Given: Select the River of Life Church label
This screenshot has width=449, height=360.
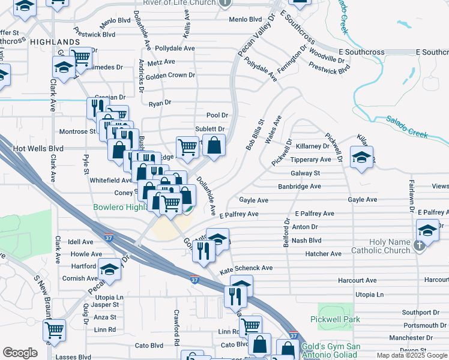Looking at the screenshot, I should [179, 3].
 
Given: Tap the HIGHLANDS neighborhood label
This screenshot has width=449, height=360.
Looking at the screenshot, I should [55, 42].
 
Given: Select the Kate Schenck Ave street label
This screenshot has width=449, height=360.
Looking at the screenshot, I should [246, 268].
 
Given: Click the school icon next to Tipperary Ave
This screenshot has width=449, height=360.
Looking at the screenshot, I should [361, 157].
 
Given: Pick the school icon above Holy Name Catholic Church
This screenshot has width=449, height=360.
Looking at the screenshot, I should [427, 230].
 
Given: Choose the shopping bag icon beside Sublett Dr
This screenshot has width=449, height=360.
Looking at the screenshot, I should [214, 145].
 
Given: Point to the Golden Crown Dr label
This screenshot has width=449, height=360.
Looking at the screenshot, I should [170, 75].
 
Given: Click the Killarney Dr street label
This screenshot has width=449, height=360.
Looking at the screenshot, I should [309, 146].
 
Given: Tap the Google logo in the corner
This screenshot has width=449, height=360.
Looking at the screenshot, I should [20, 353].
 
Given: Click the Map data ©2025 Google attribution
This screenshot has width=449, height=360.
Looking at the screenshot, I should [411, 355].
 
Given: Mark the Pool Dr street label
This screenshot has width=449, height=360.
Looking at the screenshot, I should [217, 115].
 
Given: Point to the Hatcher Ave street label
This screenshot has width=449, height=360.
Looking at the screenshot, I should [323, 254].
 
